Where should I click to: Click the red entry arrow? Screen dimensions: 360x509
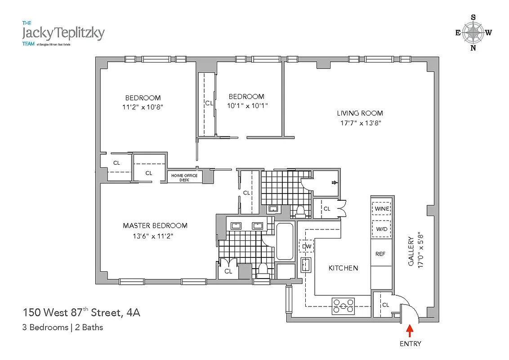[410, 331]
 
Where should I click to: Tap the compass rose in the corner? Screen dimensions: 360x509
[473, 32]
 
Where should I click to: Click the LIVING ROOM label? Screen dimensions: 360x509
[360, 113]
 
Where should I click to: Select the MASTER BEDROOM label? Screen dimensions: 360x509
[155, 225]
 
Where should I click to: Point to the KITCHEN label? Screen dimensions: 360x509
[343, 268]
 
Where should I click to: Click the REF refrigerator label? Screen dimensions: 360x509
[380, 254]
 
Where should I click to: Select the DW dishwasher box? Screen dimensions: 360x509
[307, 246]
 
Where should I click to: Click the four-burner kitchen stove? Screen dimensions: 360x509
[344, 306]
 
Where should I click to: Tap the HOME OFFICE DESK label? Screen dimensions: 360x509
[185, 177]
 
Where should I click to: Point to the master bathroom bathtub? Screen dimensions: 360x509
[285, 241]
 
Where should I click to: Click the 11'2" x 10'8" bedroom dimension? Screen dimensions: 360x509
[143, 107]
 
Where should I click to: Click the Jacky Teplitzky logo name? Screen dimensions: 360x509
[63, 33]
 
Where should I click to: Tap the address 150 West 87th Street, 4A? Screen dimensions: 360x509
[81, 312]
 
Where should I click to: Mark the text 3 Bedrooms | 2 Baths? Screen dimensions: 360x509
[63, 327]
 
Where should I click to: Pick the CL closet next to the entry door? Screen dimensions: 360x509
[385, 305]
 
